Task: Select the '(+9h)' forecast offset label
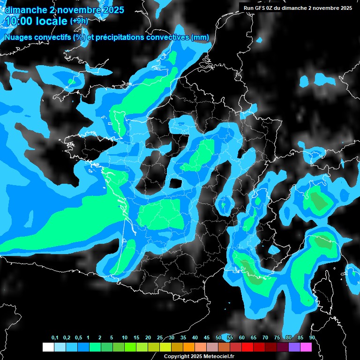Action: pos(79,21)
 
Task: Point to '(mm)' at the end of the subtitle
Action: pos(200,37)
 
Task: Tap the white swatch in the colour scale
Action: pos(48,347)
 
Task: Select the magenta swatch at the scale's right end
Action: pos(306,347)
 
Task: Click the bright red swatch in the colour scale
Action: pos(247,347)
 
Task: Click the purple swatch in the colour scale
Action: pos(294,347)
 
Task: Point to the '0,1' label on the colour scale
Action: pos(55,338)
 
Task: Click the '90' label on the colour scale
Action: pos(312,338)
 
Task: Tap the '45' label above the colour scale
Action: pos(207,338)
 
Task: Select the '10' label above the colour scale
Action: pos(125,338)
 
